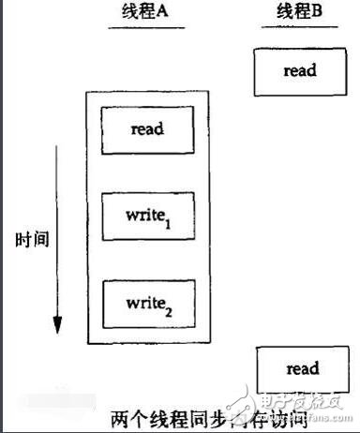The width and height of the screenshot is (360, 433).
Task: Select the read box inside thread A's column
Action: pos(148,129)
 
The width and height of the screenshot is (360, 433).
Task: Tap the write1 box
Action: pos(148,215)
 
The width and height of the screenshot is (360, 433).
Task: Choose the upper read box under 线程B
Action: pos(298,70)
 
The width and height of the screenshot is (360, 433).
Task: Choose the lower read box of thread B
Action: pos(299,368)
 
